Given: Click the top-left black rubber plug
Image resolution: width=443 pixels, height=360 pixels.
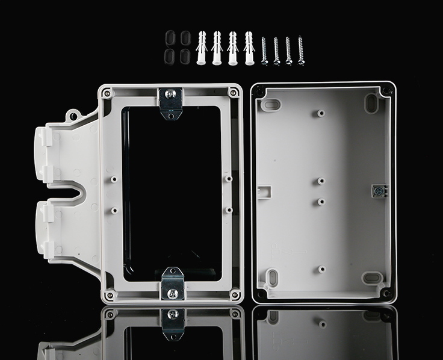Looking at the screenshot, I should coord(169,39).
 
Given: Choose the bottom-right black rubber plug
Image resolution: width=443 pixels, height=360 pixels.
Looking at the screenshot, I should coord(183,57).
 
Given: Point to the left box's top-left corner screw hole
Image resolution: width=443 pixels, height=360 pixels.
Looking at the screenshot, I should coord(107,93).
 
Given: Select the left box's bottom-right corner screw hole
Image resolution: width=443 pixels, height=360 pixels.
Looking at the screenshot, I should coord(235,294).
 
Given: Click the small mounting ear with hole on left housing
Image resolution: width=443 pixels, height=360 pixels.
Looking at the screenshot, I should coord(73,114).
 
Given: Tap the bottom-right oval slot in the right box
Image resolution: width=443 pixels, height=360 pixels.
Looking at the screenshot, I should coord(372,278).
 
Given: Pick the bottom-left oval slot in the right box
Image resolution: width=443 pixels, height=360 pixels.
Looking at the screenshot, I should coord(272,278).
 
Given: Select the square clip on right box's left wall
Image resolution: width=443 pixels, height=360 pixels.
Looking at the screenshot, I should coord(265,191).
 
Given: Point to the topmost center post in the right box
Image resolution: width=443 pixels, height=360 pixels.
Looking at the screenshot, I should coord(321,113).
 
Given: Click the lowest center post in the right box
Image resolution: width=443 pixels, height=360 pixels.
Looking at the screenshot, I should coord(321,269).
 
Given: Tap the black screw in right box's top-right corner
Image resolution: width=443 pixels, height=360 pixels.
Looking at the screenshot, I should coord(385,92).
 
